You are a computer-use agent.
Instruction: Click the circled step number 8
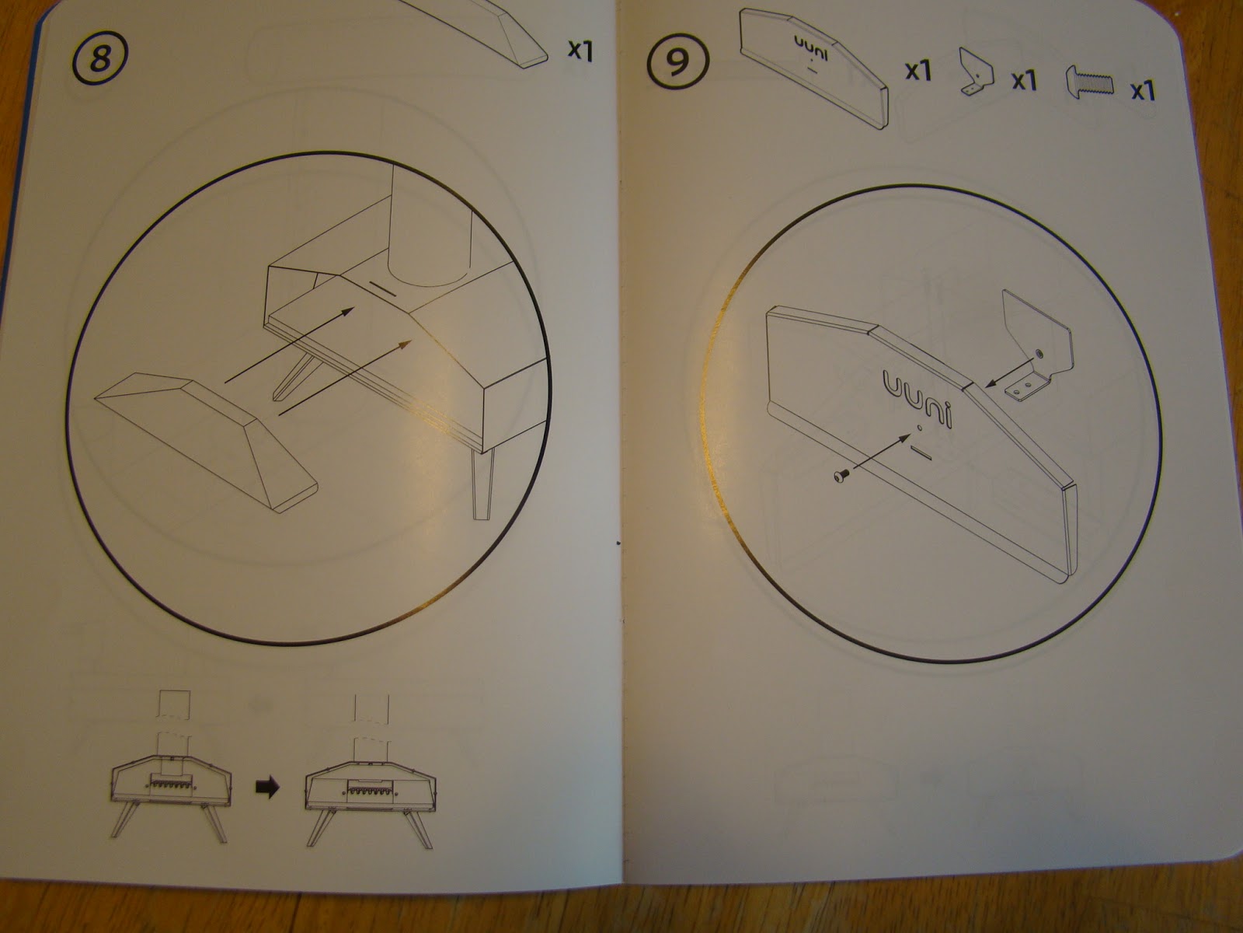click(x=100, y=58)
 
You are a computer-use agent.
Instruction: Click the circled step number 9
click(x=677, y=61)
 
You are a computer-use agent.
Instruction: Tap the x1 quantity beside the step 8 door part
click(x=580, y=50)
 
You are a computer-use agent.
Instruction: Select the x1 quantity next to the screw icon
click(x=1143, y=91)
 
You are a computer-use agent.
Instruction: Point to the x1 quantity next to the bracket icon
click(x=1025, y=80)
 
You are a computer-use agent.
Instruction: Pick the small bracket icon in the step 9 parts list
click(x=977, y=79)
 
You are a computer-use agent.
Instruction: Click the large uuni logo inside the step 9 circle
click(x=917, y=397)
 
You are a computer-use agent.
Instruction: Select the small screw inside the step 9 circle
click(x=841, y=476)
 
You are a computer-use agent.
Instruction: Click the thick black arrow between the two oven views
click(x=267, y=786)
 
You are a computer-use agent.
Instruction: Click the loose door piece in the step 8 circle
click(x=207, y=441)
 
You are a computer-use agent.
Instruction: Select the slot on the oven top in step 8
click(x=383, y=288)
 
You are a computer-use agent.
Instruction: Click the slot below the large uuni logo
click(x=921, y=452)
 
